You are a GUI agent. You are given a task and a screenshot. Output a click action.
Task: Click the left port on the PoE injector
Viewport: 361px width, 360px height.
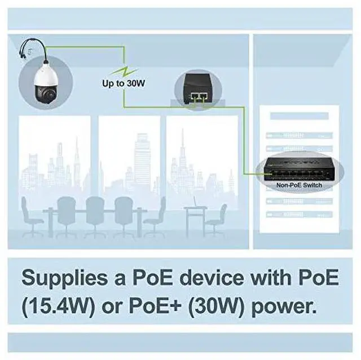point(195,97)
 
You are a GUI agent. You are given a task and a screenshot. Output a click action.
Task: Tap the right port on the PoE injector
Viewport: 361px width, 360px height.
point(204,97)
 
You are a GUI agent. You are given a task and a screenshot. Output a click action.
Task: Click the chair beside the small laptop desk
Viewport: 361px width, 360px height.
point(217,217)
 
